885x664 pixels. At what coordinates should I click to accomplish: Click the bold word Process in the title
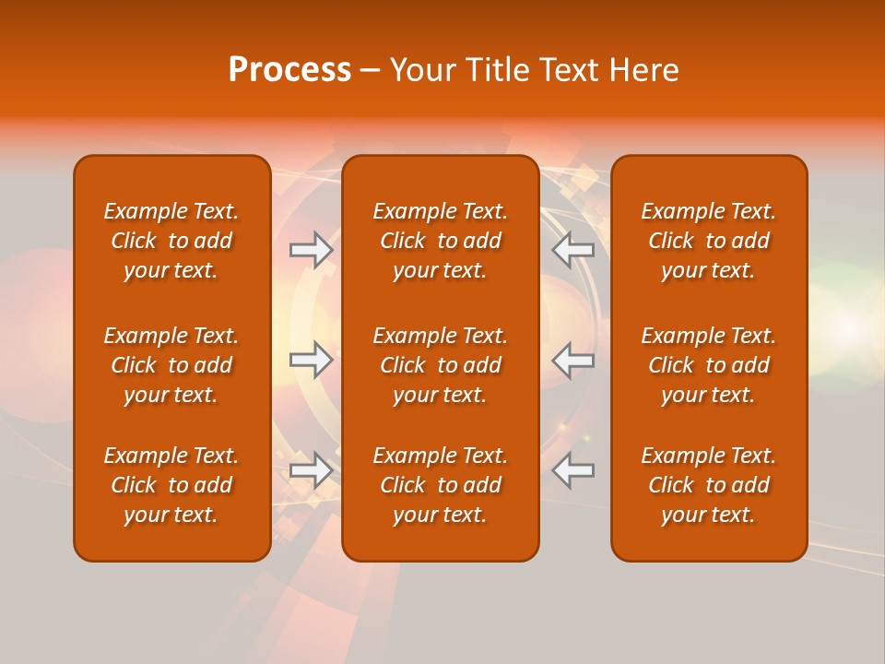click(x=289, y=70)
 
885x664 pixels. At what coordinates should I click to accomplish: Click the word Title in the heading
click(x=496, y=70)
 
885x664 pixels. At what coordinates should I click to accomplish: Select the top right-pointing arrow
click(x=312, y=250)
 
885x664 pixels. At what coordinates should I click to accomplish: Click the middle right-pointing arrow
click(x=312, y=360)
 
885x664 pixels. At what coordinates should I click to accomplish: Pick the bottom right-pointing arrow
click(x=312, y=470)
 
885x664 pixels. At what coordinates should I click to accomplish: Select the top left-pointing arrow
click(x=573, y=250)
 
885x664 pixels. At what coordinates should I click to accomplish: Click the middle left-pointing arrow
click(x=573, y=360)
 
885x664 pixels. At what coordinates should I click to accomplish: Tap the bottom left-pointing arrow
click(x=573, y=470)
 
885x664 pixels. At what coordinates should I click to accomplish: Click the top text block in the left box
click(x=171, y=241)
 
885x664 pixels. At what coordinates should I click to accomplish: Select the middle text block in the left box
click(x=171, y=365)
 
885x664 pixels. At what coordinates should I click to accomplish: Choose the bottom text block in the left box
click(x=171, y=485)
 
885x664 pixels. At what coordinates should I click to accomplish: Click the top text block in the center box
click(x=441, y=241)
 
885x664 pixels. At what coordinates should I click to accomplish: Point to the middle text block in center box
click(x=441, y=365)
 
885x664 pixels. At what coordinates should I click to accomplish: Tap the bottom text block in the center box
click(x=441, y=485)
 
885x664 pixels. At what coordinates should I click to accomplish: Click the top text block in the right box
click(x=709, y=241)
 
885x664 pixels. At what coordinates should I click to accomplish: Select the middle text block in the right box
click(x=709, y=365)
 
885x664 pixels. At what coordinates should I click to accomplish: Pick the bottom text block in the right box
click(x=709, y=485)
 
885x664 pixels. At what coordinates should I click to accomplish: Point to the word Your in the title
click(x=422, y=70)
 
